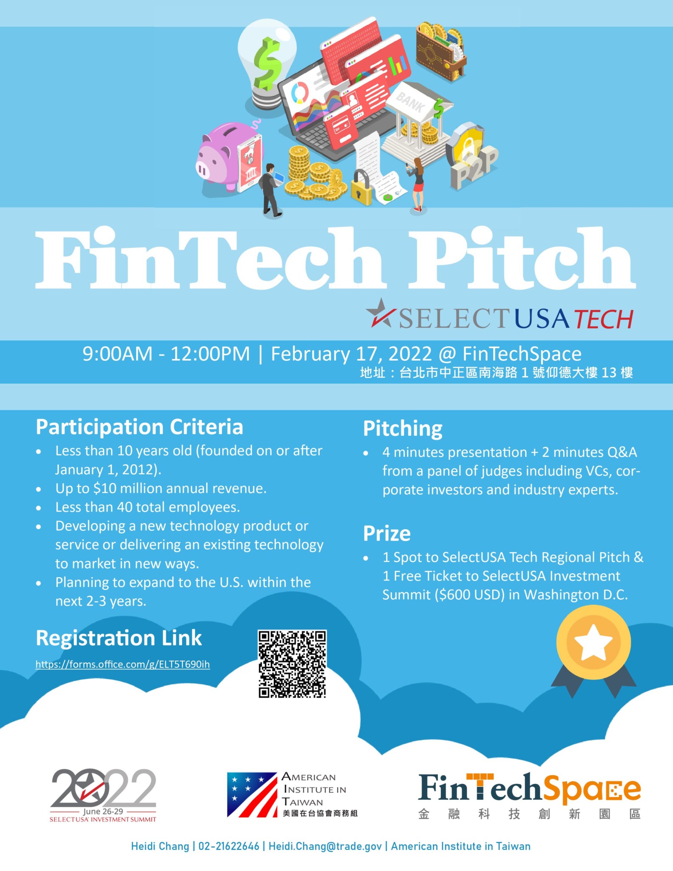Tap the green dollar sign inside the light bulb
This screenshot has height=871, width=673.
point(267,63)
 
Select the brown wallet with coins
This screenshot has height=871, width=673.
point(440,51)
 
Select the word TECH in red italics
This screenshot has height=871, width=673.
point(604,319)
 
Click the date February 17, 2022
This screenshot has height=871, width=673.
point(351,354)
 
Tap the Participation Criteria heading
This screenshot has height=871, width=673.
point(139,427)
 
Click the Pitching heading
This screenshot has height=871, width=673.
point(403,429)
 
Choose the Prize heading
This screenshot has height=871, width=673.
point(387,533)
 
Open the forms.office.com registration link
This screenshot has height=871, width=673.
point(122,664)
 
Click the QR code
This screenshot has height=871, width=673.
point(292,664)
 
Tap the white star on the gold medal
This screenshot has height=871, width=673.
point(593,642)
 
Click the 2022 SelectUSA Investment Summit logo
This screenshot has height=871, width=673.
point(103,795)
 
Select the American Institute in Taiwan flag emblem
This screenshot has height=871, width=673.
point(252,795)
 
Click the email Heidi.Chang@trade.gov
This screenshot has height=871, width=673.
point(325,846)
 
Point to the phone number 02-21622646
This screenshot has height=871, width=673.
point(229,846)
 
